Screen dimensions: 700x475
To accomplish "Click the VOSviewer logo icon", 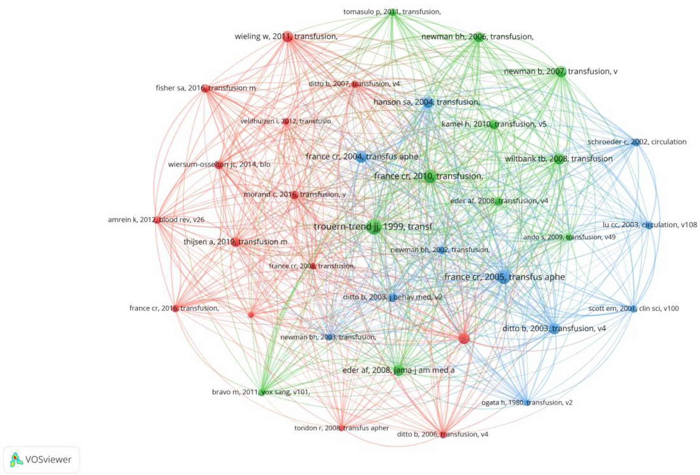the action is pos(16,460).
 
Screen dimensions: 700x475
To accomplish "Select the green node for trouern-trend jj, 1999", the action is pos(374,227).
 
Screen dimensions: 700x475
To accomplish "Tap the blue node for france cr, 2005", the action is pos(503,277).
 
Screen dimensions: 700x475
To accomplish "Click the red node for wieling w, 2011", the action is pos(288,37).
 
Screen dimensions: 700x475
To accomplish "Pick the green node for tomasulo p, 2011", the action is pos(392,12).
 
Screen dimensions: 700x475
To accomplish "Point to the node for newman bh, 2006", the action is pos(479,37).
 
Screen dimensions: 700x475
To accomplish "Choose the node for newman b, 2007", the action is pos(561,71).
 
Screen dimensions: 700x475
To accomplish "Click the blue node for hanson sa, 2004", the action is pos(428,103).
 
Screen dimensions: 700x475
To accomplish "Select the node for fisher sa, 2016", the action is pos(205,88).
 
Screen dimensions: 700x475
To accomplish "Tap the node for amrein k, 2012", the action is pos(157,220).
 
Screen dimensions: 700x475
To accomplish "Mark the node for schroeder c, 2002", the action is pos(636,142).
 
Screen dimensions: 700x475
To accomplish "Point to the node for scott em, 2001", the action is pos(633,309).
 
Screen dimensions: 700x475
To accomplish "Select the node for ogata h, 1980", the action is pos(526,402).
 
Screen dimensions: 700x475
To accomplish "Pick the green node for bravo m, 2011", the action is pos(262,392).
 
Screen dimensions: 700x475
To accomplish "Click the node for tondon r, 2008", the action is pos(342,428).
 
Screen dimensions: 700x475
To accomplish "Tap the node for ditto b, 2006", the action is pos(443,434).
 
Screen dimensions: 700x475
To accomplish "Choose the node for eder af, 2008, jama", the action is pos(399,370).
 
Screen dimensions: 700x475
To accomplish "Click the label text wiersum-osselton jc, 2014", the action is pos(219,165).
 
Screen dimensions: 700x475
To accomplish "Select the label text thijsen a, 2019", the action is pos(235,242).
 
